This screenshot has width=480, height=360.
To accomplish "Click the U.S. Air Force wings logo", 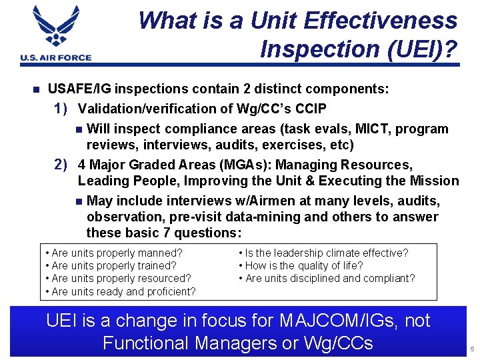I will tap(56, 29).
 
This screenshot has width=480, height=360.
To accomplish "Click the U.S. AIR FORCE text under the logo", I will tap(56, 58).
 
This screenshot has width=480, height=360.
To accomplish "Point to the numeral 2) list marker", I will tap(63, 164).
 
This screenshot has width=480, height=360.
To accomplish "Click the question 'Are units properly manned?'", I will tap(113, 253).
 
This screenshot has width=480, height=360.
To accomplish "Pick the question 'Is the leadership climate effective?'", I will tap(323, 253).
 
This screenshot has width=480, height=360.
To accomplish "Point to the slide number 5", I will tap(471, 349).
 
